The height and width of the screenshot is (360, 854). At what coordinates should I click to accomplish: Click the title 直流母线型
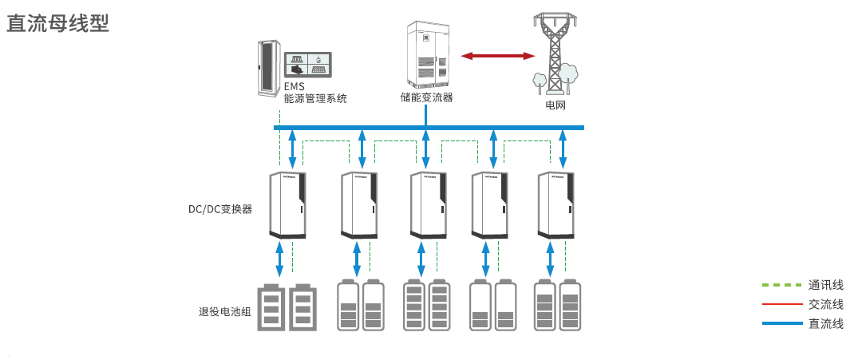[57, 22]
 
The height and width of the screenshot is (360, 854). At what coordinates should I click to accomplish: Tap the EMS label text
[295, 87]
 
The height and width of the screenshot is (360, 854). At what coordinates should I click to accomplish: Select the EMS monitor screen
[308, 64]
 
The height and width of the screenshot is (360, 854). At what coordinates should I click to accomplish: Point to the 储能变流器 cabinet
[427, 54]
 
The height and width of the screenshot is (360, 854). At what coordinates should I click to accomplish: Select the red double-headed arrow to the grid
[498, 55]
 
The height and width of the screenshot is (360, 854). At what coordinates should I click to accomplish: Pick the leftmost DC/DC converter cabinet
[288, 205]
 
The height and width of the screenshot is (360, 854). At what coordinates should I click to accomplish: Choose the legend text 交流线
[825, 304]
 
